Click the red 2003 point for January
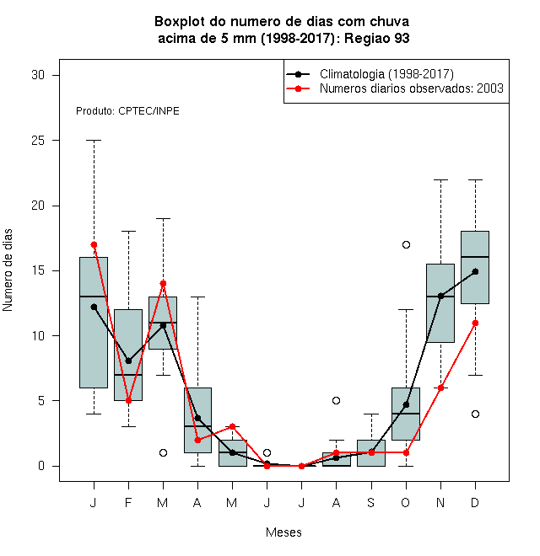point(94,244)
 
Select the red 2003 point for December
point(475,323)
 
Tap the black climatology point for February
point(128,361)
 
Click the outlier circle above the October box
point(406,244)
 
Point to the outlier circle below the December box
point(475,414)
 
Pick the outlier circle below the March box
point(163,453)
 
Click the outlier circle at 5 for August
point(336,401)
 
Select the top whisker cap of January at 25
point(94,141)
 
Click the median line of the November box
point(440,296)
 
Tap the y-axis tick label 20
point(38,206)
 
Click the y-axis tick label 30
point(38,75)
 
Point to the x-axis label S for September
point(371,502)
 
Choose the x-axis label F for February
point(128,502)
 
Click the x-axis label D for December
point(475,502)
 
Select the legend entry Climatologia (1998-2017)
point(386,74)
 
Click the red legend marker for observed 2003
point(298,88)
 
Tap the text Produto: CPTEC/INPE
point(127,111)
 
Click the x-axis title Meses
point(283,532)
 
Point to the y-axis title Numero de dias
point(8,270)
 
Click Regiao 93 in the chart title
point(376,38)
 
